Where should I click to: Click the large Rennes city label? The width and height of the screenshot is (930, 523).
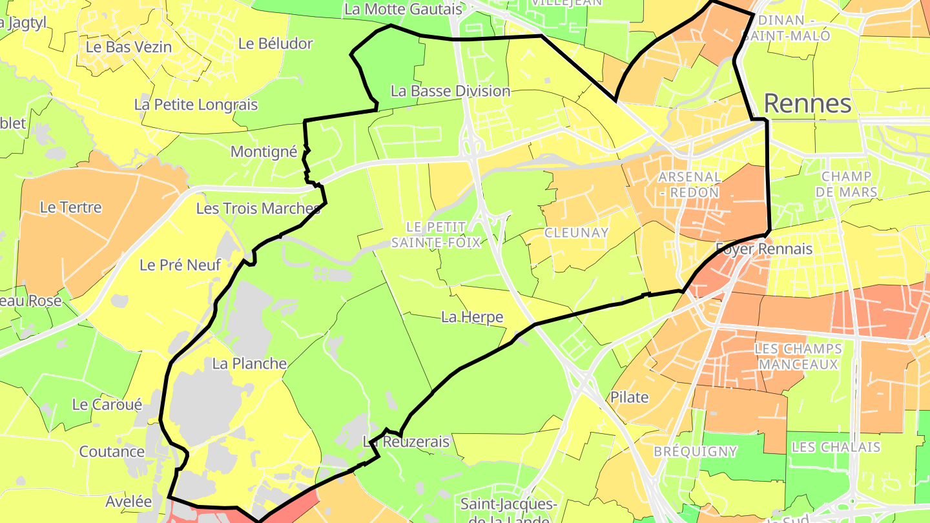click(x=807, y=103)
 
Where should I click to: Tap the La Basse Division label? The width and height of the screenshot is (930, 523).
click(x=451, y=91)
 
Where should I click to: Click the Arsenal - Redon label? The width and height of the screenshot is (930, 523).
click(x=689, y=184)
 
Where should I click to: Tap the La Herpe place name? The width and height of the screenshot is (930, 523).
click(x=472, y=316)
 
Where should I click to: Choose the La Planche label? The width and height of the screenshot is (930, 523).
click(x=249, y=364)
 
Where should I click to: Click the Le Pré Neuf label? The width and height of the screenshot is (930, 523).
click(x=180, y=265)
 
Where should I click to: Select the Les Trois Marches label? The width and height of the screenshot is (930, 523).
click(x=258, y=209)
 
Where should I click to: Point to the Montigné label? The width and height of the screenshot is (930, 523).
click(x=264, y=152)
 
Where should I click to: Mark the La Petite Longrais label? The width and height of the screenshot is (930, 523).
click(x=196, y=105)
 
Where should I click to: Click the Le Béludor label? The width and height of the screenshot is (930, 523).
click(x=275, y=44)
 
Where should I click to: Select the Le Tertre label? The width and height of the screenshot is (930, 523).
click(x=71, y=207)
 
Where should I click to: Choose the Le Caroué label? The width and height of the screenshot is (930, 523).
click(x=107, y=405)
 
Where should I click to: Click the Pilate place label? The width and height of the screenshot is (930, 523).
click(x=630, y=397)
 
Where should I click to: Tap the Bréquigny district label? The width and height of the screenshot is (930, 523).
click(x=695, y=451)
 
